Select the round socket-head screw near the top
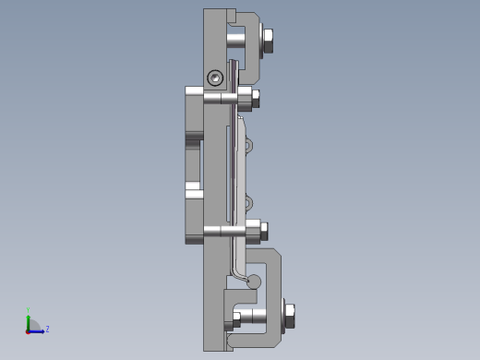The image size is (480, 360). [x=215, y=78]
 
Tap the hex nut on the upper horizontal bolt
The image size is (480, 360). [x=256, y=99]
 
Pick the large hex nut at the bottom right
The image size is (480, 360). [x=290, y=317]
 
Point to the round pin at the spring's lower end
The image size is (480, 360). [x=255, y=282]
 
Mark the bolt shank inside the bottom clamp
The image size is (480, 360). [x=258, y=317]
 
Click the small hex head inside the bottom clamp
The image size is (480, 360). [x=236, y=317]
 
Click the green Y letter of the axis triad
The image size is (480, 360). [x=29, y=311]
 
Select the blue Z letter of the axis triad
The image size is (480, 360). [x=47, y=329]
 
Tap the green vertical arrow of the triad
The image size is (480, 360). [x=29, y=321]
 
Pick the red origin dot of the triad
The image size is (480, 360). [x=29, y=330]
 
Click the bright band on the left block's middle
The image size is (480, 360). [x=194, y=190]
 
